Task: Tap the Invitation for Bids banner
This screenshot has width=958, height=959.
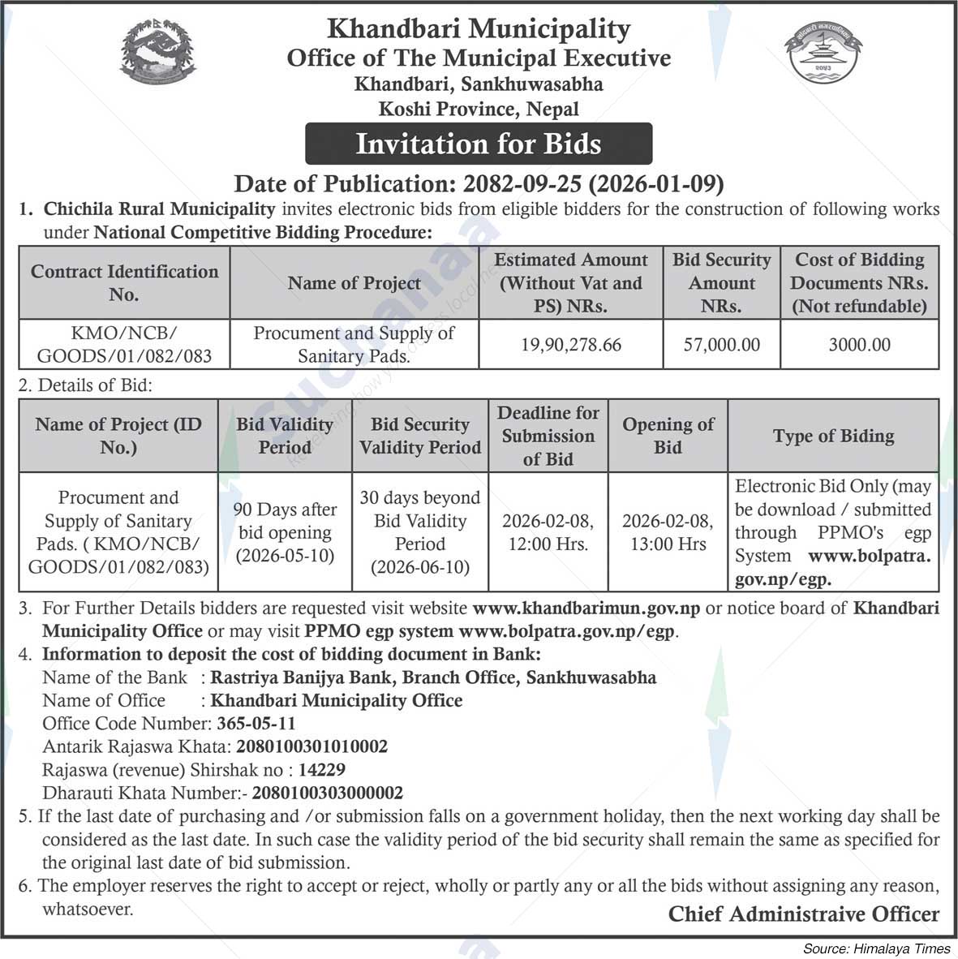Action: click(479, 144)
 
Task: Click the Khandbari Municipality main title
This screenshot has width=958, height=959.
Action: click(479, 29)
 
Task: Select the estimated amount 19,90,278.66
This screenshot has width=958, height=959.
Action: click(571, 345)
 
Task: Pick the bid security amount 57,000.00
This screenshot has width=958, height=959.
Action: click(721, 345)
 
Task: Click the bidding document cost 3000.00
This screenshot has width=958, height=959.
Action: click(859, 345)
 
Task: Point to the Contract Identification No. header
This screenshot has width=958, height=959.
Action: click(124, 282)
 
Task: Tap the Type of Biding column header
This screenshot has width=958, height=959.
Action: click(833, 436)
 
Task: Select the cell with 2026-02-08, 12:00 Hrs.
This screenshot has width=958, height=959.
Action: click(548, 532)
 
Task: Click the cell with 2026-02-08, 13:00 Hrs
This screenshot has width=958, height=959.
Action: click(668, 532)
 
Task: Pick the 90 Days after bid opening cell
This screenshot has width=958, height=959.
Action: click(285, 532)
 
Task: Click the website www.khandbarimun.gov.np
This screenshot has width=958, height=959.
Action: click(586, 608)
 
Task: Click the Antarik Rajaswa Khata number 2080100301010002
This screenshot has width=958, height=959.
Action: click(311, 746)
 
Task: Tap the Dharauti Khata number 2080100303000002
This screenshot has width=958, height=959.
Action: click(327, 793)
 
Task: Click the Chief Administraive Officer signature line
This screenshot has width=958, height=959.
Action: click(803, 914)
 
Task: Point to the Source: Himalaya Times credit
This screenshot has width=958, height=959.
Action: click(876, 948)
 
